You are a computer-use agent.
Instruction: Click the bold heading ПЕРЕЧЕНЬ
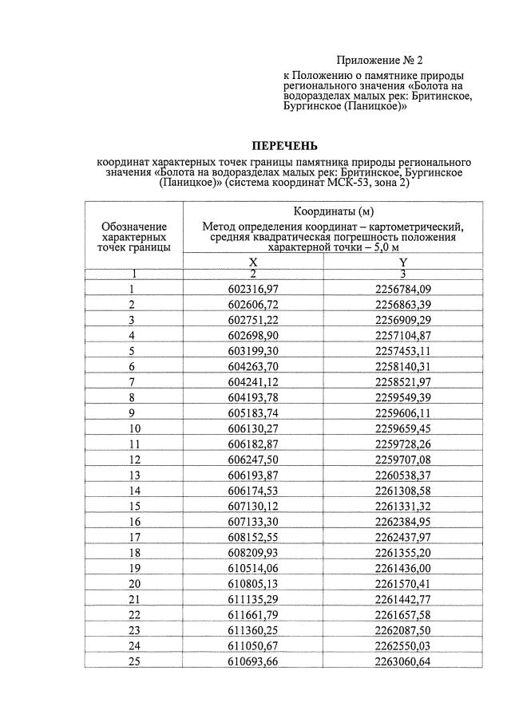click(x=284, y=146)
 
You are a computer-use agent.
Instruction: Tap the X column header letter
click(x=253, y=262)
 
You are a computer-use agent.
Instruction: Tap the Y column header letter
click(x=403, y=262)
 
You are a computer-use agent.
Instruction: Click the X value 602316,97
click(x=253, y=289)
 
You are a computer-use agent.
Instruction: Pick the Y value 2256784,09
click(x=403, y=289)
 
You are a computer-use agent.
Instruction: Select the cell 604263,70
click(x=253, y=367)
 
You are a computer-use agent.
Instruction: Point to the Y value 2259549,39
click(x=403, y=397)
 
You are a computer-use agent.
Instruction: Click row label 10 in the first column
click(x=134, y=428)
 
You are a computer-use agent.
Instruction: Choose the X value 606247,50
click(x=253, y=460)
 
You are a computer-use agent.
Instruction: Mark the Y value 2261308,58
click(x=403, y=491)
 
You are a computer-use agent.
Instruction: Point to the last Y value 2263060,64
click(x=403, y=662)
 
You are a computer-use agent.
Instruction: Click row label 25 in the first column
click(x=134, y=662)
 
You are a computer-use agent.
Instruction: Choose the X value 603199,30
click(x=253, y=351)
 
